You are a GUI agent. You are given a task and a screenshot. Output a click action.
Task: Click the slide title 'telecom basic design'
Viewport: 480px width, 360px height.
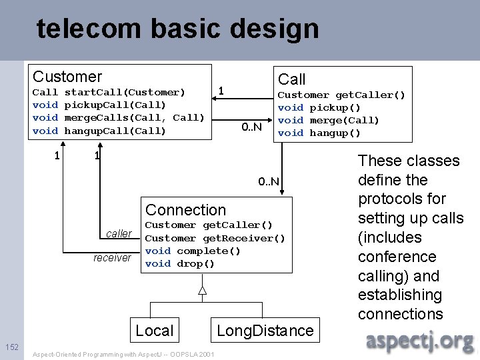[177, 29]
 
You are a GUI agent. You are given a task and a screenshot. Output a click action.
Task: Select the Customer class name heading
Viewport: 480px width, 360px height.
[67, 77]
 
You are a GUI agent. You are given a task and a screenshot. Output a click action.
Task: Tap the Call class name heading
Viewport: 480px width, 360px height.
[291, 80]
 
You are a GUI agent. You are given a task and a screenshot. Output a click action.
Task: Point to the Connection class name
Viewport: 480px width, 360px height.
[185, 210]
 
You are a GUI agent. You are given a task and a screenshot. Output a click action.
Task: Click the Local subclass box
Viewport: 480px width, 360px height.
[154, 330]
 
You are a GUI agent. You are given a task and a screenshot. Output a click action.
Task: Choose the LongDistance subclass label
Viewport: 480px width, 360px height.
[265, 330]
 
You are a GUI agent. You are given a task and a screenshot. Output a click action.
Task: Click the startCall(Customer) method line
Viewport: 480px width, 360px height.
[109, 92]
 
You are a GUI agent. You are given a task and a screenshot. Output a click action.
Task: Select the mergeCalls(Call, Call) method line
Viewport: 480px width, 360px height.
[118, 117]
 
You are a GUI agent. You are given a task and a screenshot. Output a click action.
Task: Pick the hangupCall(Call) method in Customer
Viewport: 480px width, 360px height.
[99, 131]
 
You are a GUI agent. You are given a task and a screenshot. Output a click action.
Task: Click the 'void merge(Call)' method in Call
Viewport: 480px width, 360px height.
[328, 120]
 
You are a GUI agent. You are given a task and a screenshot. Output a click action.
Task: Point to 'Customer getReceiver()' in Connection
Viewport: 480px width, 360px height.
[215, 238]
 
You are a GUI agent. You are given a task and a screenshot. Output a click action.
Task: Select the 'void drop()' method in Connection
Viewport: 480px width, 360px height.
[179, 263]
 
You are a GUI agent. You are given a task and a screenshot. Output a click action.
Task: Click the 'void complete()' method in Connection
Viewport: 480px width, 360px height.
[195, 251]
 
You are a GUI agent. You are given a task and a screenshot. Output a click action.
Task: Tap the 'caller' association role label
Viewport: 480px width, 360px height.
[119, 233]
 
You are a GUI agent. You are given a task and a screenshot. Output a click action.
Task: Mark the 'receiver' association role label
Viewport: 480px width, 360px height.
[112, 257]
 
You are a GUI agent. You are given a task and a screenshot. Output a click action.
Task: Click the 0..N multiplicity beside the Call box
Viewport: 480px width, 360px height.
[251, 127]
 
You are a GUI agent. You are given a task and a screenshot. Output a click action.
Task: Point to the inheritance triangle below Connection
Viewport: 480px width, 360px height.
[203, 290]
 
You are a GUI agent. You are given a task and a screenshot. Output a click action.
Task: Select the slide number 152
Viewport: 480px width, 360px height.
[12, 347]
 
